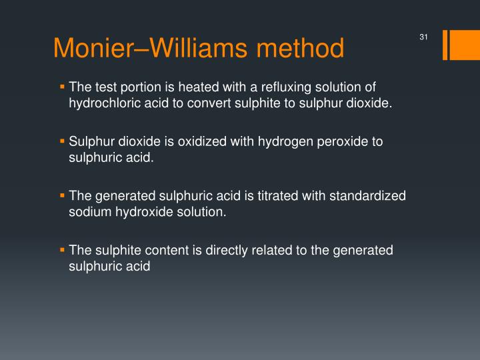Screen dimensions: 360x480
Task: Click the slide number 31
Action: pyautogui.click(x=423, y=37)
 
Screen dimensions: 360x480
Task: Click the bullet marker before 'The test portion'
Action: pyautogui.click(x=62, y=87)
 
